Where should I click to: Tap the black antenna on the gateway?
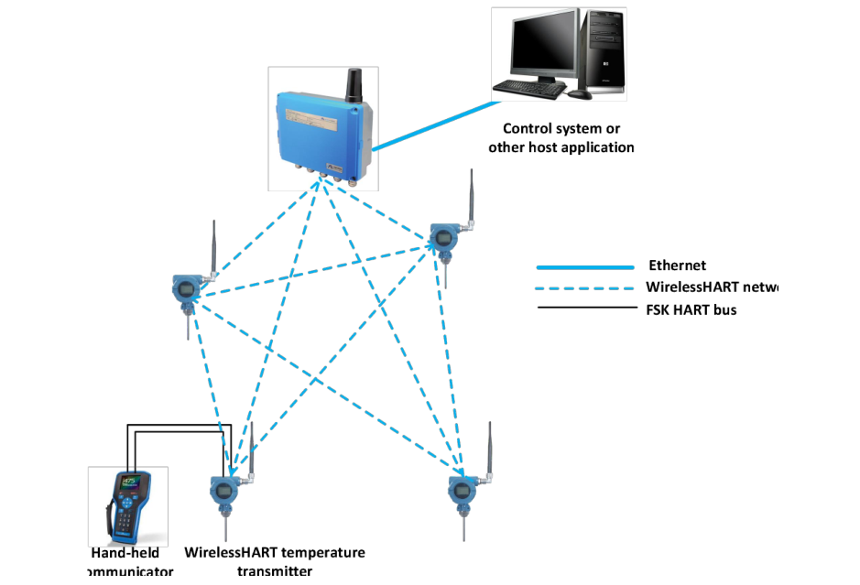click(352, 85)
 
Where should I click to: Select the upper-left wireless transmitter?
click(186, 287)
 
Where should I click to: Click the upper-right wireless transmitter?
click(444, 239)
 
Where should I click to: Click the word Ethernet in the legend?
click(677, 266)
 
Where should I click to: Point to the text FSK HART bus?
click(691, 309)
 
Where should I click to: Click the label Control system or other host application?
click(561, 138)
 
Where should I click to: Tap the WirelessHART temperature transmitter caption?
click(275, 561)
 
